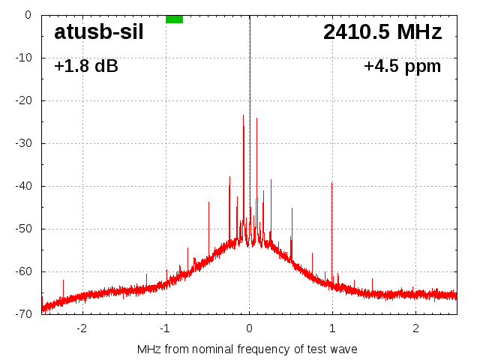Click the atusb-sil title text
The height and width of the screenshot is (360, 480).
click(x=98, y=32)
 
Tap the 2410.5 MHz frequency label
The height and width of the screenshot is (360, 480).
click(x=382, y=32)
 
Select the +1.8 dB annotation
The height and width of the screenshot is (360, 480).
click(x=85, y=66)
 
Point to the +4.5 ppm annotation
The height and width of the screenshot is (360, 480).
click(x=402, y=66)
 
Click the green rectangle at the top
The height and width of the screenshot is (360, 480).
click(x=174, y=19)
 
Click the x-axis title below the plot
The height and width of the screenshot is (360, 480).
click(x=247, y=349)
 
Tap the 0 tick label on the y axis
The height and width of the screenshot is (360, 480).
click(x=27, y=14)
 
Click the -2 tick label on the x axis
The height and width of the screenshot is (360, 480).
click(x=82, y=328)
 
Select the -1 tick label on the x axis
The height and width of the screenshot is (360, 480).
click(x=165, y=328)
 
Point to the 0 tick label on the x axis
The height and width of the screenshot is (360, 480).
click(x=249, y=328)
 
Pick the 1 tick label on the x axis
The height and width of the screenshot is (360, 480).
click(x=332, y=328)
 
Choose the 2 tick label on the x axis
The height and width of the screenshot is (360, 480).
click(x=415, y=328)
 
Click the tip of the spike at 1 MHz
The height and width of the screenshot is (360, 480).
click(x=331, y=182)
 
